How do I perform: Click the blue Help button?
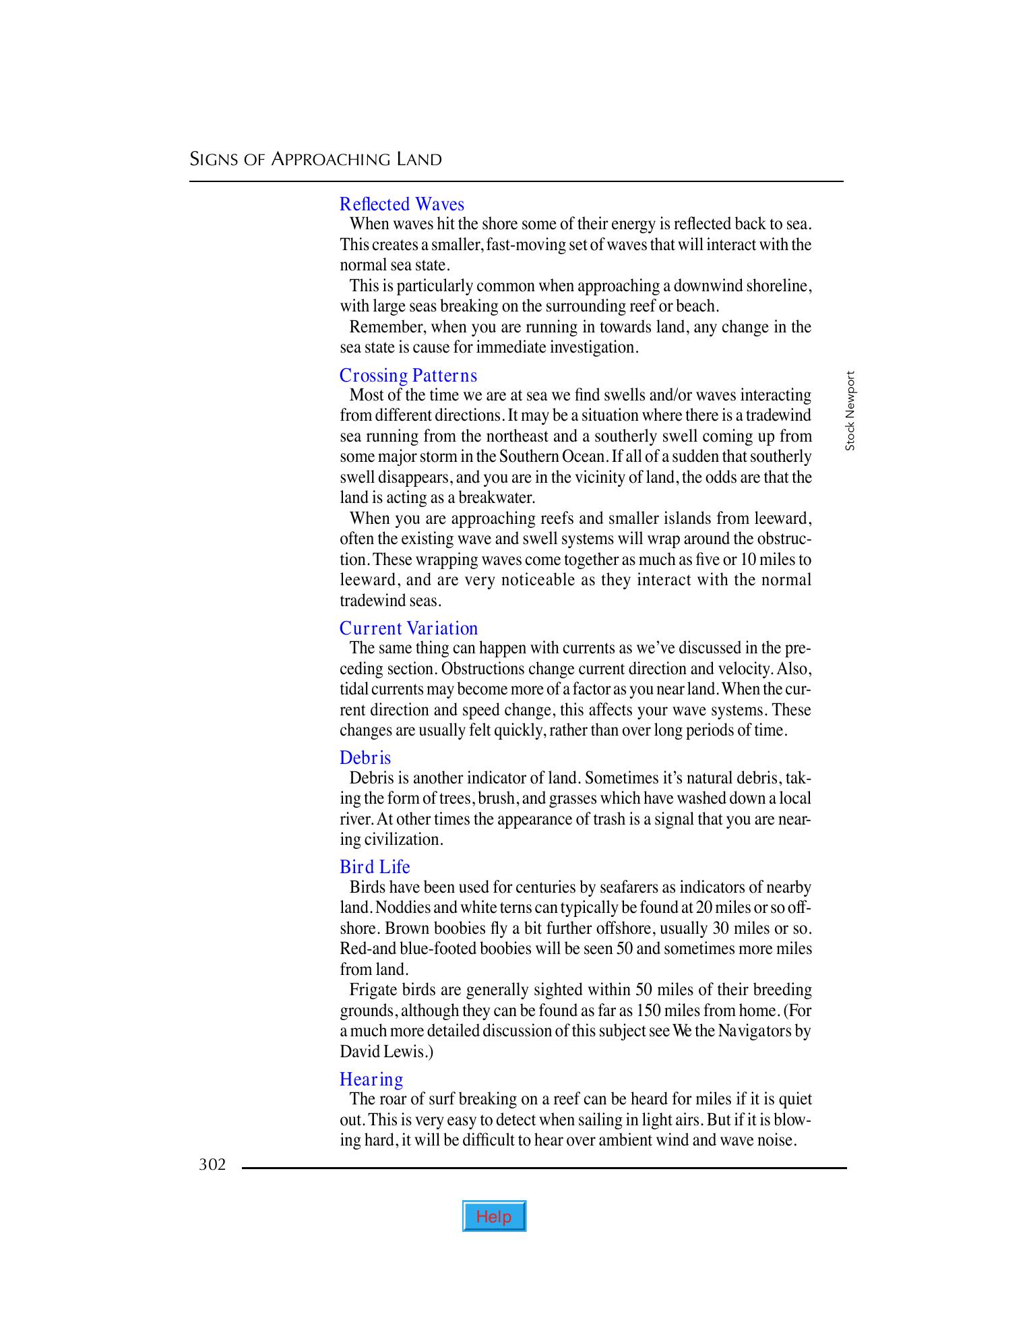point(494,1216)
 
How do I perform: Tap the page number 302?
point(212,1164)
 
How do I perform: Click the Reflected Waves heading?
point(402,204)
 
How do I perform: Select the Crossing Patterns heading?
point(408,375)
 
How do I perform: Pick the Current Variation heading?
point(408,628)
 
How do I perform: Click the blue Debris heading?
point(365,757)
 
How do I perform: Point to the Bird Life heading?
point(375,866)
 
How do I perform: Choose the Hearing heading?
point(371,1079)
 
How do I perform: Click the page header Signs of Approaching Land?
point(315,160)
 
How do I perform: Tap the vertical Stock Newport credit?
point(850,411)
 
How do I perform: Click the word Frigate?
point(373,990)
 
